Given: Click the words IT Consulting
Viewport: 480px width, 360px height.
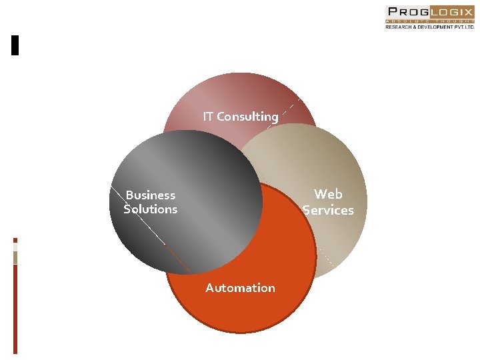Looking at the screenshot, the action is click(241, 117).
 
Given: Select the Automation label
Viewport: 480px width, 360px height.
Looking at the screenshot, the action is click(240, 288).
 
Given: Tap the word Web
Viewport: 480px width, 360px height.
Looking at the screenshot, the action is click(328, 194).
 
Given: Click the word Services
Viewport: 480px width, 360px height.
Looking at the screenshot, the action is click(328, 210).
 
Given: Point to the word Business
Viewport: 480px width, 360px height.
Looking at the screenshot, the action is click(151, 195).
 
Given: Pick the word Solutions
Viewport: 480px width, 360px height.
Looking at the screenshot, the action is click(151, 209).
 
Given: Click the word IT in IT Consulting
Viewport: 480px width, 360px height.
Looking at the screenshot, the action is click(209, 117).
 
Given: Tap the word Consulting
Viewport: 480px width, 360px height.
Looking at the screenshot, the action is click(248, 117).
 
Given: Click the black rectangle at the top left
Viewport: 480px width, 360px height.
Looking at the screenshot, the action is click(15, 45).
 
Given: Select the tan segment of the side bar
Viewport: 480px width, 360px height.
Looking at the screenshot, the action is click(15, 257).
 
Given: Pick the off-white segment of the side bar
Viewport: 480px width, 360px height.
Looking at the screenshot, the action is click(15, 247).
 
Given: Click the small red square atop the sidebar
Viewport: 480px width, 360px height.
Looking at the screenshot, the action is click(15, 240).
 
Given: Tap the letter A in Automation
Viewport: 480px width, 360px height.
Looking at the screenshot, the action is click(210, 288).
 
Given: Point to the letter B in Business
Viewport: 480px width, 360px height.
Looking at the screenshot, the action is click(130, 195).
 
